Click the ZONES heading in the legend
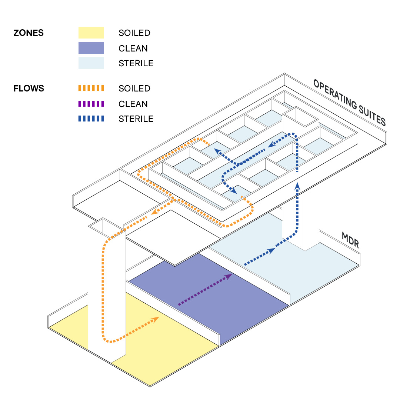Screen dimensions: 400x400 click(x=29, y=33)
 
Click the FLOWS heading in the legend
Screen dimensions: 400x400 click(x=29, y=89)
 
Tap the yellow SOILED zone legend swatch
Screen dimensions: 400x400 click(x=91, y=33)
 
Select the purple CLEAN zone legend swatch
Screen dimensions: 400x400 click(x=91, y=48)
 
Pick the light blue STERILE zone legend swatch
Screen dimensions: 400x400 click(x=91, y=63)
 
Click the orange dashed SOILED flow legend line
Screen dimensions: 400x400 click(x=91, y=89)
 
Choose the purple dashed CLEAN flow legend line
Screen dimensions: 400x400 click(x=91, y=104)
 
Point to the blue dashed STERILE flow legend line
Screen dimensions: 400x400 click(x=91, y=119)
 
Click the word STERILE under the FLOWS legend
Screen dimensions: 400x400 click(x=136, y=119)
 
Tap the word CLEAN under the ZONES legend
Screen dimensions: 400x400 click(x=133, y=49)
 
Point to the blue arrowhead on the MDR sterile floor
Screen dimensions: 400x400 click(x=272, y=251)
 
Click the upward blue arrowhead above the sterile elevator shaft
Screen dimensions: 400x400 click(x=297, y=185)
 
